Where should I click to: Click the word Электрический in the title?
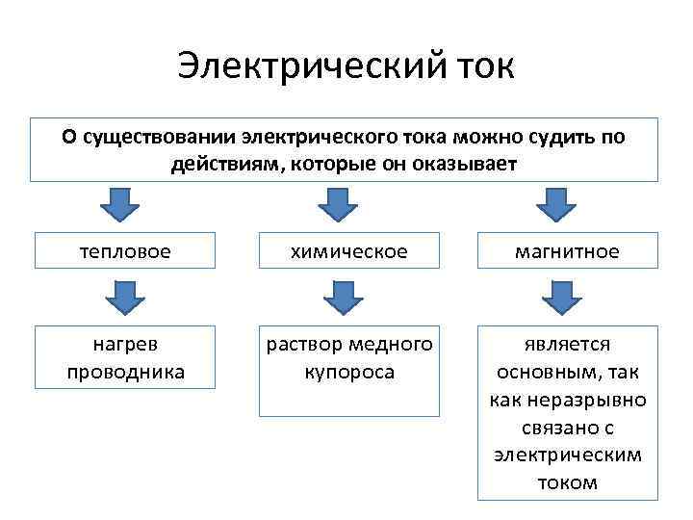[309, 67]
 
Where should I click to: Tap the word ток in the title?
[482, 67]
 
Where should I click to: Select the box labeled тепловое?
[125, 251]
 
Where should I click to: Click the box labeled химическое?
[348, 251]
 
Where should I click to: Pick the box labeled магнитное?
[567, 251]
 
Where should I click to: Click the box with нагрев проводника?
[125, 357]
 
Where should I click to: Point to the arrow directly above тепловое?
[120, 204]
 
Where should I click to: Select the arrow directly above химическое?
[338, 204]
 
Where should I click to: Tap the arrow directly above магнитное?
[555, 204]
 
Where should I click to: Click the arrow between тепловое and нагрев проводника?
[123, 297]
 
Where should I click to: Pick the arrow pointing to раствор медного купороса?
[343, 297]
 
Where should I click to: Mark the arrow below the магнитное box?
[561, 297]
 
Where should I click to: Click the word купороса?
[348, 372]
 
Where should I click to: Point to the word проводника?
[125, 372]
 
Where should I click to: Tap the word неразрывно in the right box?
[598, 400]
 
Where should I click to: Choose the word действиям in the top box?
[220, 163]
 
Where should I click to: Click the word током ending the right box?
[567, 482]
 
